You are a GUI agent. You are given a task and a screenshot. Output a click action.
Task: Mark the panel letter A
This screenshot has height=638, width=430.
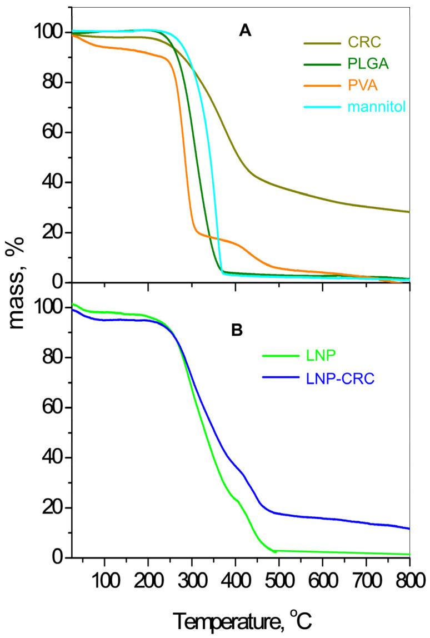244,33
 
